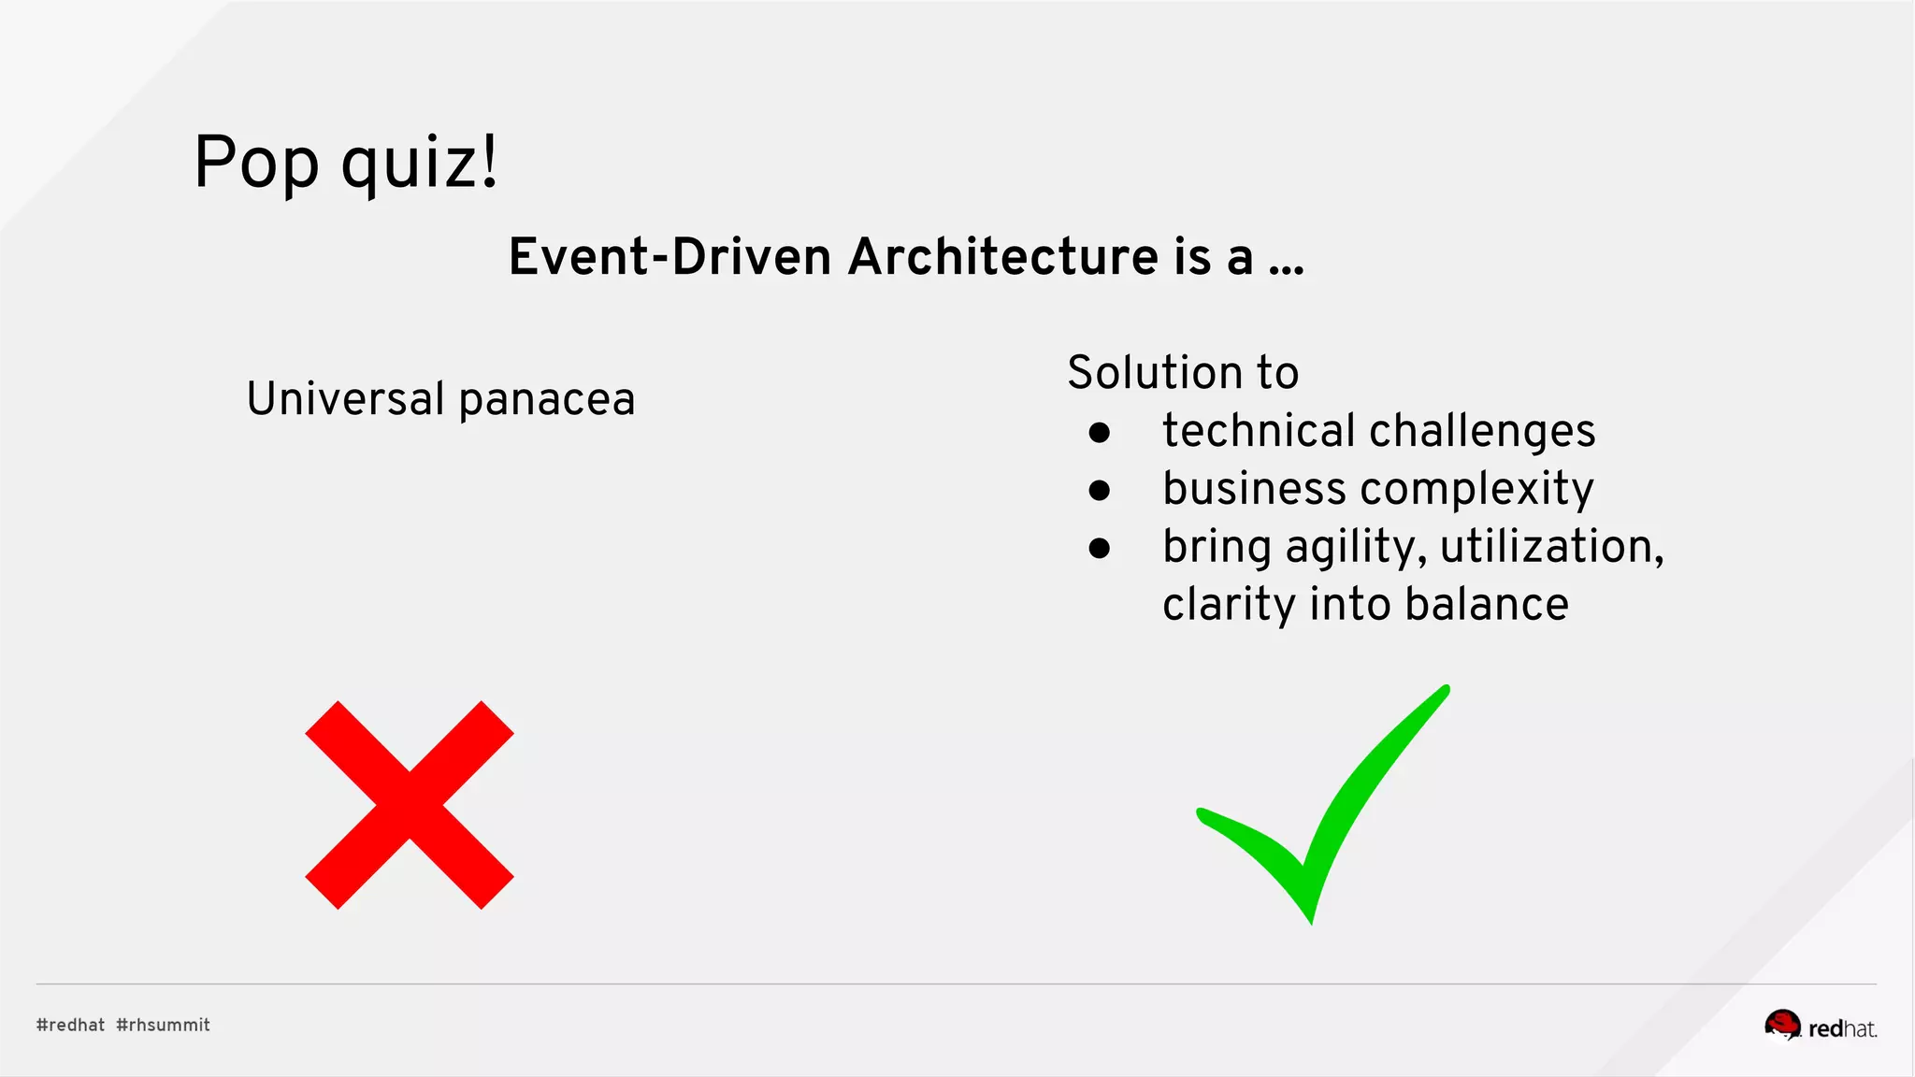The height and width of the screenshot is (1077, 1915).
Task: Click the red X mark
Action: pos(410,805)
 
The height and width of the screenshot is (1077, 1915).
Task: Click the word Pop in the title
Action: pos(256,163)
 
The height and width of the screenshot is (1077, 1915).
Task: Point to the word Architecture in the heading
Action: pos(1002,257)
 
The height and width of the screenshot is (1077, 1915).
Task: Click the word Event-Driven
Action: pos(670,257)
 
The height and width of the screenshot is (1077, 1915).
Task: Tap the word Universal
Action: pos(345,399)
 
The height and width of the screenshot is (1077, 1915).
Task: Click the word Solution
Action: pos(1155,372)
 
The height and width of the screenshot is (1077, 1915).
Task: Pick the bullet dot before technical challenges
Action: pos(1100,433)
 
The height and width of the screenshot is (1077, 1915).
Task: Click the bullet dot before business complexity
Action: pos(1100,491)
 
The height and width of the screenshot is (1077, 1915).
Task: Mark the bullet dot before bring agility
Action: pos(1100,549)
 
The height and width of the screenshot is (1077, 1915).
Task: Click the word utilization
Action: pos(1551,547)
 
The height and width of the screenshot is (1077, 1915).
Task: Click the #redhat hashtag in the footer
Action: pos(71,1025)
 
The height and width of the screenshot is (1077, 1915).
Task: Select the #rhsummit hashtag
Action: pos(164,1025)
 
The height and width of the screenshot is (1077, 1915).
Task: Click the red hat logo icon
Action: pos(1782,1025)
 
